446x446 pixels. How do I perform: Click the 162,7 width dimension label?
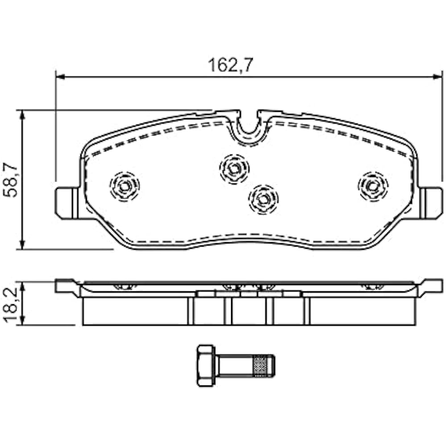231,65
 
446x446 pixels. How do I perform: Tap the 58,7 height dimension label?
11,179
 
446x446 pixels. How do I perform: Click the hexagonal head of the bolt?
206,366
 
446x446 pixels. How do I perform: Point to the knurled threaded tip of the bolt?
263,365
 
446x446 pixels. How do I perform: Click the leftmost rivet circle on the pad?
124,186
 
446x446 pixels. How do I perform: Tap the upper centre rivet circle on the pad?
234,169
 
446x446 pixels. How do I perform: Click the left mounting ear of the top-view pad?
66,203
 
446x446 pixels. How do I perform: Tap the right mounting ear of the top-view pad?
431,203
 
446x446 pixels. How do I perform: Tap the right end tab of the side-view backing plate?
431,286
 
